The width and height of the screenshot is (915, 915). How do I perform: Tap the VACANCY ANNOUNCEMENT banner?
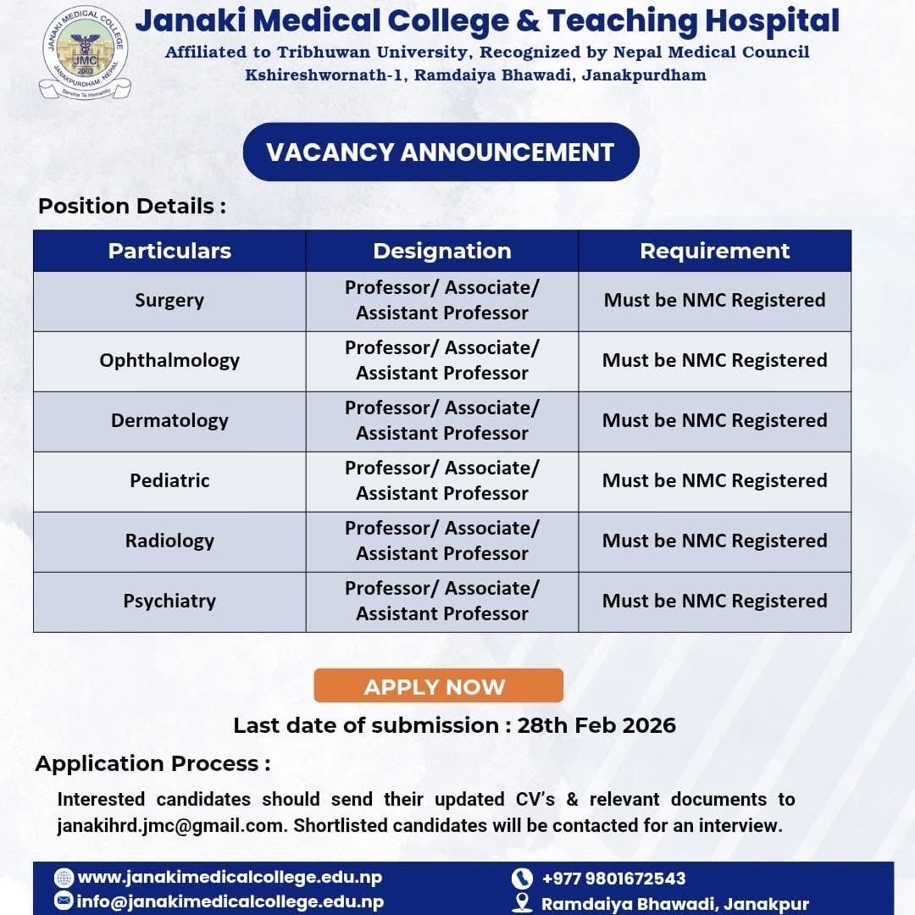pyautogui.click(x=441, y=152)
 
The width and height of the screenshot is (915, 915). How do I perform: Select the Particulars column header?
pyautogui.click(x=169, y=251)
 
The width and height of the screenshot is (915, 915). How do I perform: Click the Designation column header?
pyautogui.click(x=441, y=251)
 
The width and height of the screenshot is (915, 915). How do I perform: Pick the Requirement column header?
pyautogui.click(x=714, y=251)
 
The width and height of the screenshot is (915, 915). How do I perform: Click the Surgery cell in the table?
pyautogui.click(x=169, y=300)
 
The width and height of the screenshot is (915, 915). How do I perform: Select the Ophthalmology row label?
pyautogui.click(x=169, y=360)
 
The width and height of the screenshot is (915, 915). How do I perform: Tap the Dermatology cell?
pyautogui.click(x=169, y=420)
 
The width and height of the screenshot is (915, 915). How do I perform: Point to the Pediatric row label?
pyautogui.click(x=169, y=480)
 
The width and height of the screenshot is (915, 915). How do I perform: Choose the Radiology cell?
pyautogui.click(x=169, y=541)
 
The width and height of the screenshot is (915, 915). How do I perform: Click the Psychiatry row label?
pyautogui.click(x=169, y=601)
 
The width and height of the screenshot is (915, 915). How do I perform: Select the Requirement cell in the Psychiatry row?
pyautogui.click(x=714, y=601)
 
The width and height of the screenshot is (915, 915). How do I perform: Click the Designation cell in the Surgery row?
pyautogui.click(x=441, y=300)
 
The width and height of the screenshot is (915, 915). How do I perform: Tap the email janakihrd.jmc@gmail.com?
pyautogui.click(x=170, y=825)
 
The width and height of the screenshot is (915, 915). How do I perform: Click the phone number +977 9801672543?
pyautogui.click(x=613, y=879)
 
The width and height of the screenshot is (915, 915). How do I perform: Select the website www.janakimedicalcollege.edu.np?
pyautogui.click(x=229, y=877)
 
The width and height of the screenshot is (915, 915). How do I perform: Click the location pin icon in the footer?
pyautogui.click(x=523, y=903)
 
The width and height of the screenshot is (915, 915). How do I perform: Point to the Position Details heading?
pyautogui.click(x=132, y=206)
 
